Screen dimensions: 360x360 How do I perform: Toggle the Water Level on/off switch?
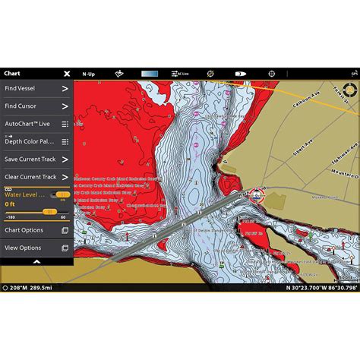[62, 195]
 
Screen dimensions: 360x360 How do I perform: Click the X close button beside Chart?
[67, 74]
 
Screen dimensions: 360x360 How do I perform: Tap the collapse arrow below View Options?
[36, 261]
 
